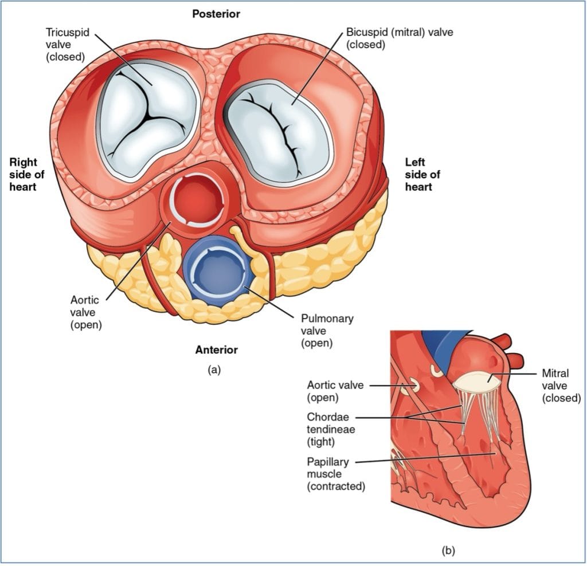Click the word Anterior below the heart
pos(216,349)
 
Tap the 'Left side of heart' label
pos(422,174)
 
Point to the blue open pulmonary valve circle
pos(216,270)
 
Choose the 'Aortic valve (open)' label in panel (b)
pos(335,391)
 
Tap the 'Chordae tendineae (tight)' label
pos(328,429)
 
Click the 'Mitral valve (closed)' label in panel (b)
pos(561,385)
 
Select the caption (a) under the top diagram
pos(214,370)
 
